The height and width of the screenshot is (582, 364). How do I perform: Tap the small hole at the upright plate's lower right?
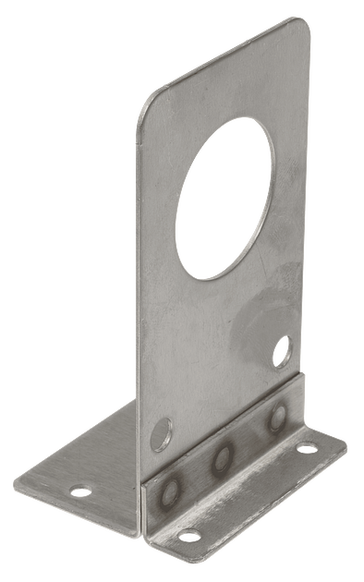click(x=281, y=350)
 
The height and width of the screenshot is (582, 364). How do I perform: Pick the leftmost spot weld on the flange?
click(x=168, y=491)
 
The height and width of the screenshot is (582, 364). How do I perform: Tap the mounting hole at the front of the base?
click(x=188, y=535)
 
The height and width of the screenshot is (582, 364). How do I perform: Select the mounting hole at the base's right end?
click(x=306, y=449)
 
